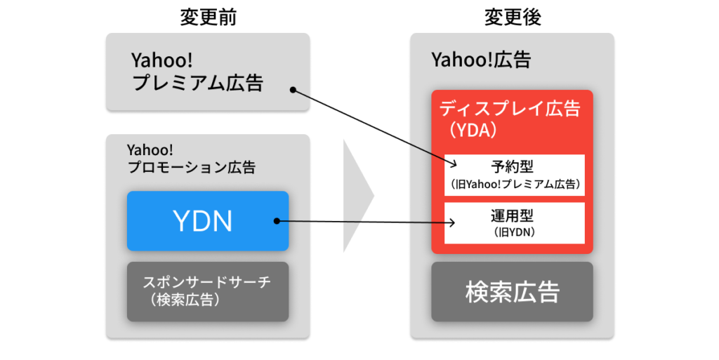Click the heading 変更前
click(208, 18)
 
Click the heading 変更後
click(513, 18)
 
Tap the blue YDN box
click(208, 221)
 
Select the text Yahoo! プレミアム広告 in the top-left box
click(197, 72)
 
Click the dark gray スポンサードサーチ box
click(208, 291)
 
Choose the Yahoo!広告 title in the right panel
click(481, 60)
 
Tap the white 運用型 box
click(513, 222)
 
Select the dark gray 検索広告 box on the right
click(513, 292)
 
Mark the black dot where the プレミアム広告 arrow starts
click(293, 89)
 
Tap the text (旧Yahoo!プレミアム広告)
click(513, 185)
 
